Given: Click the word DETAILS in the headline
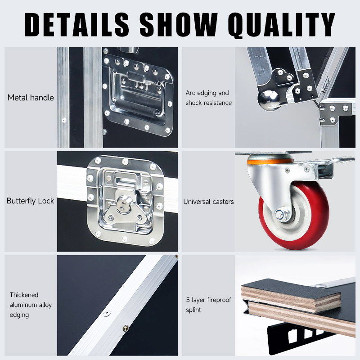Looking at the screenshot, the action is click(x=76, y=24).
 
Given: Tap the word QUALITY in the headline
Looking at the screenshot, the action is click(x=282, y=24).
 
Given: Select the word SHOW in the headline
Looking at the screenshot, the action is click(x=178, y=24).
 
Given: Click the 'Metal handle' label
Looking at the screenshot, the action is click(x=31, y=98).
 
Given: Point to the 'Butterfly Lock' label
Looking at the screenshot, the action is click(x=30, y=201).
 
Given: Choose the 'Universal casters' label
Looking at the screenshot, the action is click(x=208, y=202).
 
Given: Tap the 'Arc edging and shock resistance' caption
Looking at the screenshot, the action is click(x=208, y=98).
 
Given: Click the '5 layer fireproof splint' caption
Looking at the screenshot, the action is click(x=208, y=305).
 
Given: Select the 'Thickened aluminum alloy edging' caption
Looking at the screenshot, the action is click(x=31, y=305).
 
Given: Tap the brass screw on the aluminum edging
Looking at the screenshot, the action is click(x=126, y=328).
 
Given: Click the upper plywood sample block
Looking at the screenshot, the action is click(x=291, y=296).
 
